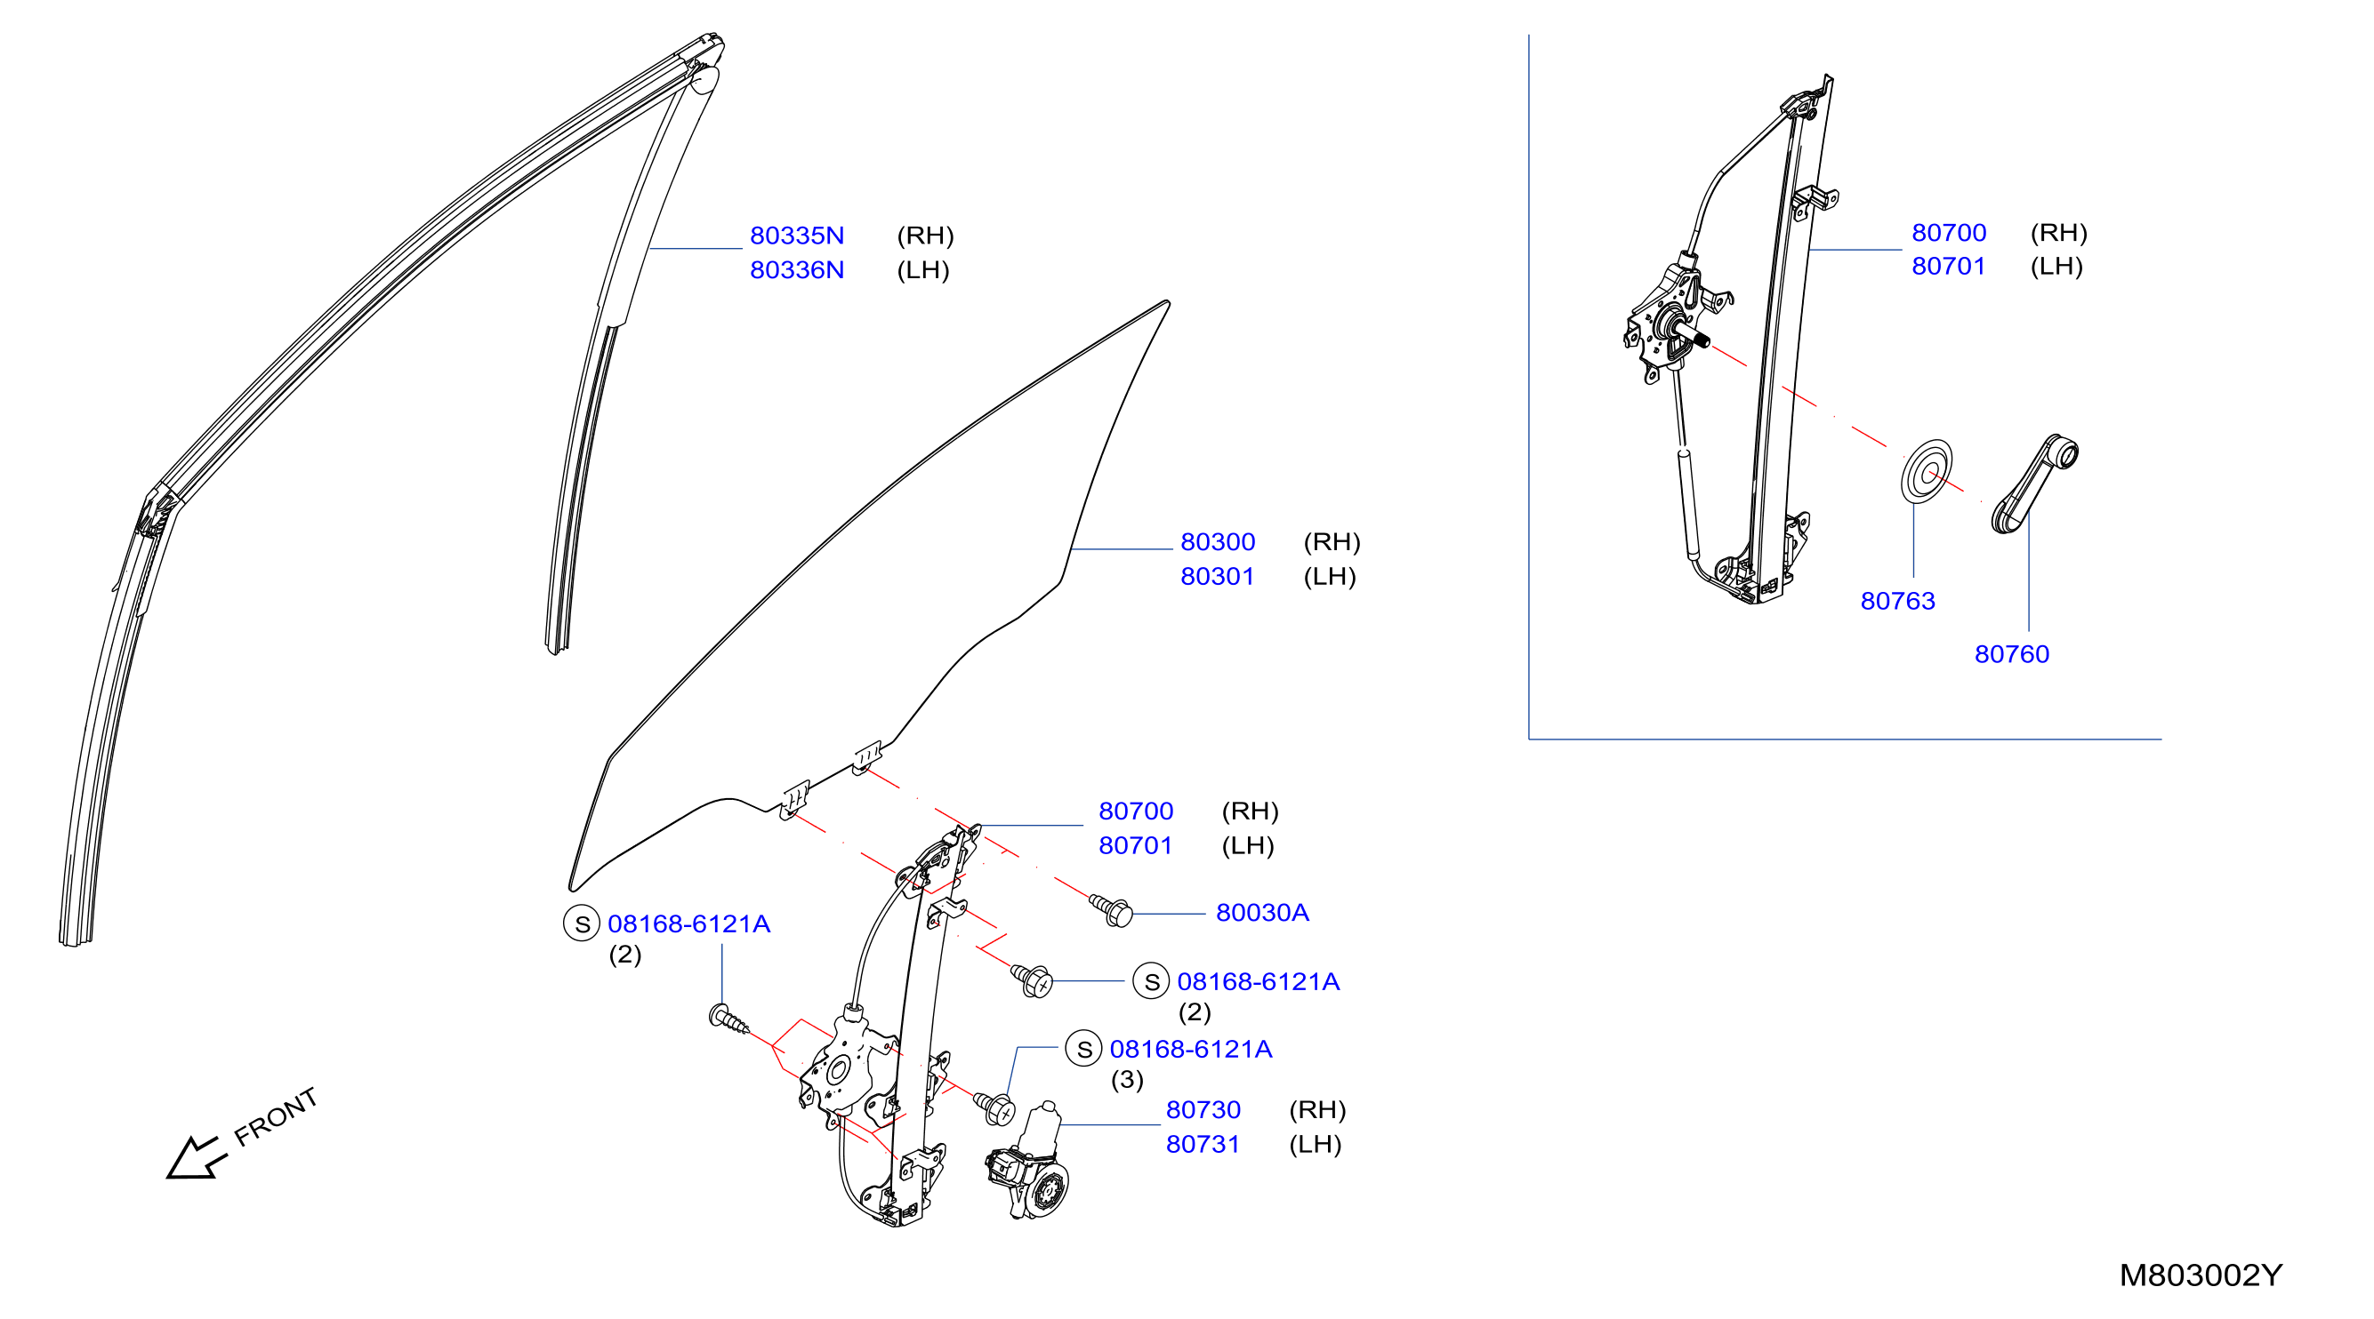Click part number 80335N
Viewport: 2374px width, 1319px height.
[796, 236]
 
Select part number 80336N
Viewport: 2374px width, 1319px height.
[796, 270]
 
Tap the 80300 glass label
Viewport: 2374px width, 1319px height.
[1218, 541]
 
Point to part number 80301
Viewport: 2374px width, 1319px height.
[1218, 577]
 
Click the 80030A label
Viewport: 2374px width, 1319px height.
[1261, 912]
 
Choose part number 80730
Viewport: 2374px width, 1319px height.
[1203, 1109]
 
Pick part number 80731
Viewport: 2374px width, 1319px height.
[1203, 1144]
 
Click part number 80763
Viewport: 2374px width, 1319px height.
[1897, 601]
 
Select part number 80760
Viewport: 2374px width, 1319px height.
[2012, 654]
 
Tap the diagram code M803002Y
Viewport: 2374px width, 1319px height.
[2201, 1275]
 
